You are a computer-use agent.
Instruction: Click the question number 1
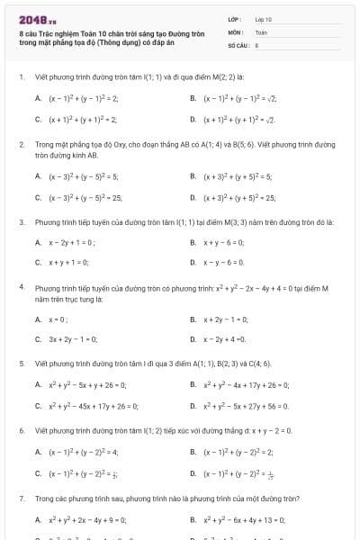[x=21, y=77]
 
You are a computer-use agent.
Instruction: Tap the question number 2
[x=21, y=144]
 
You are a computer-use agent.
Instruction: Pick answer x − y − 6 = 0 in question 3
[x=221, y=263]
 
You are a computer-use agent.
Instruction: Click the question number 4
[x=21, y=288]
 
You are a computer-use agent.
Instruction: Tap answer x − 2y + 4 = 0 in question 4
[x=223, y=339]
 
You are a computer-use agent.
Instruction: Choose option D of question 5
[x=239, y=406]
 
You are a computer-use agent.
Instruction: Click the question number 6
[x=21, y=431]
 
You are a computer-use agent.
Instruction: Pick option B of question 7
[x=238, y=519]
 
